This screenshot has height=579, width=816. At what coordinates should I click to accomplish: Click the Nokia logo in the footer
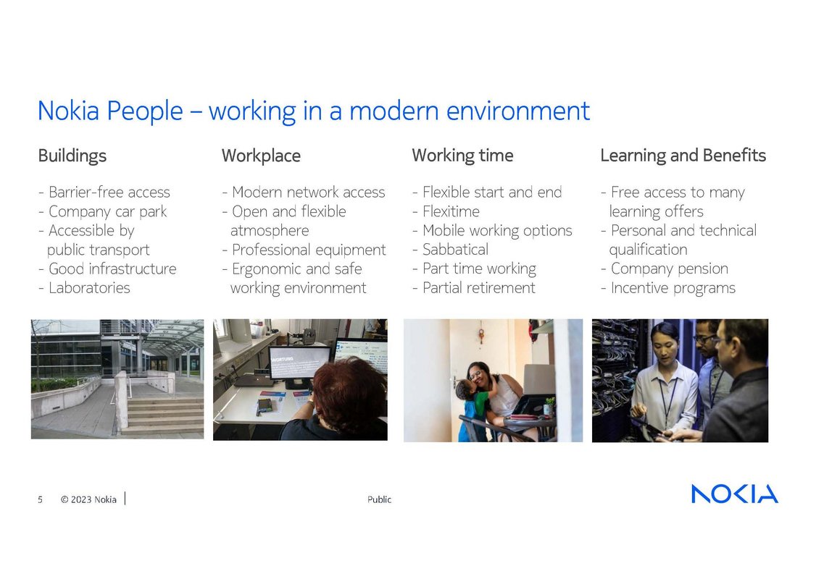tap(734, 494)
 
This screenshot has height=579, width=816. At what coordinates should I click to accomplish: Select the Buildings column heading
tap(72, 156)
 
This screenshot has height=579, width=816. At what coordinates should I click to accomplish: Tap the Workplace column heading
tap(261, 156)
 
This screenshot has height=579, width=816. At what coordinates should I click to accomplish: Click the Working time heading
tap(462, 156)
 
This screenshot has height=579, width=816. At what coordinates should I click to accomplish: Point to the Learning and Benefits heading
tap(683, 156)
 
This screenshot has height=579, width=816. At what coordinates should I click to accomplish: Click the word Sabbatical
tap(455, 250)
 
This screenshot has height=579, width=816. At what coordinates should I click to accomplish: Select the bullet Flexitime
tap(451, 211)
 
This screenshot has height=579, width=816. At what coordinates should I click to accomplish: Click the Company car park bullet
tap(107, 211)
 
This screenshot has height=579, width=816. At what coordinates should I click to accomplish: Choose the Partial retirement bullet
tap(478, 288)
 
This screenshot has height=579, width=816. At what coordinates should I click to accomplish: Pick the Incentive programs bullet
tap(673, 288)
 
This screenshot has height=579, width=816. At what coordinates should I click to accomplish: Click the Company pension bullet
tap(669, 269)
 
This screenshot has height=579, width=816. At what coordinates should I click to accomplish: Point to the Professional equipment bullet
tap(309, 250)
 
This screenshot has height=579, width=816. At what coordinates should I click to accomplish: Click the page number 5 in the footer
tap(41, 499)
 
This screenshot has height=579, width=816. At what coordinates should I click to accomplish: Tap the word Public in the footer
tap(379, 499)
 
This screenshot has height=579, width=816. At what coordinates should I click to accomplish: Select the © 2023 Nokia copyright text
tap(88, 499)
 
